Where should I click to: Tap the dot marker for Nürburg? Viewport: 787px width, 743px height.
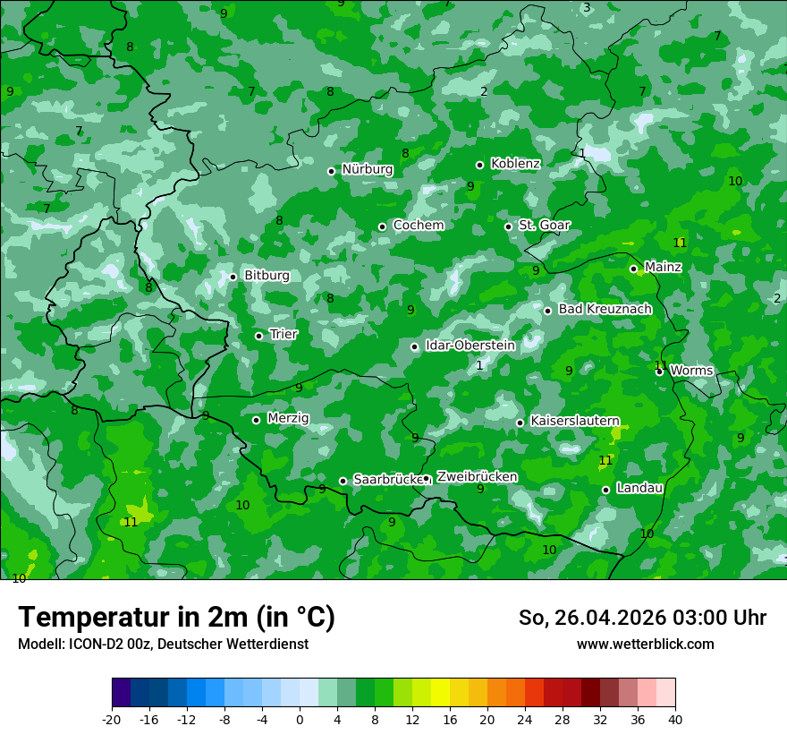coord(331,171)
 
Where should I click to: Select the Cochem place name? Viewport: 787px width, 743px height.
coord(419,226)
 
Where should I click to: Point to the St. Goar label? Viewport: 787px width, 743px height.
coord(545,226)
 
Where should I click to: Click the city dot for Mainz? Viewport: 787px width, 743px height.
coord(633,269)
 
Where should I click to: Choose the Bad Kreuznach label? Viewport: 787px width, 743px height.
coord(605,310)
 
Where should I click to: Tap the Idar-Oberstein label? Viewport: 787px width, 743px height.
coord(470,346)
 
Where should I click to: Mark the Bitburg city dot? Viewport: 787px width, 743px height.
coord(233,277)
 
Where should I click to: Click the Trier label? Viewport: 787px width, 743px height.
coord(283,335)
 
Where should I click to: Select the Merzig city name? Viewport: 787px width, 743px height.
coord(288,419)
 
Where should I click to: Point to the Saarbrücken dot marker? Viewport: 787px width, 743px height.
coord(343,481)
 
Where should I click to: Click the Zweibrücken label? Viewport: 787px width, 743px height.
coord(477,477)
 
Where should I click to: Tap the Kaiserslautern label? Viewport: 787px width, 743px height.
coord(575,421)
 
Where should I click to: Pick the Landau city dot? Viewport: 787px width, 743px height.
coord(606,490)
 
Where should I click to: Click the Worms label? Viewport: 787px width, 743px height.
coord(691,371)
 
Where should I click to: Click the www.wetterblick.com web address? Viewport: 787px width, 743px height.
coord(645,645)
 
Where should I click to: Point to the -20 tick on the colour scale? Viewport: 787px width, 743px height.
coord(112,720)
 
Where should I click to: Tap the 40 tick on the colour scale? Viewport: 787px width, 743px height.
coord(675,720)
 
